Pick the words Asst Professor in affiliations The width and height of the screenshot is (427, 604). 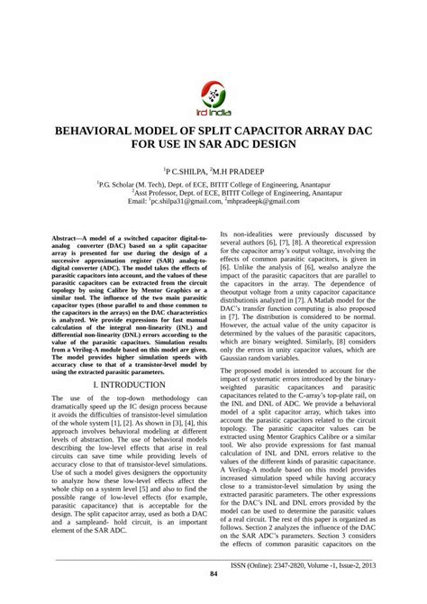point(164,192)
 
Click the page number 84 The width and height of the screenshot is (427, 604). point(213,574)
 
